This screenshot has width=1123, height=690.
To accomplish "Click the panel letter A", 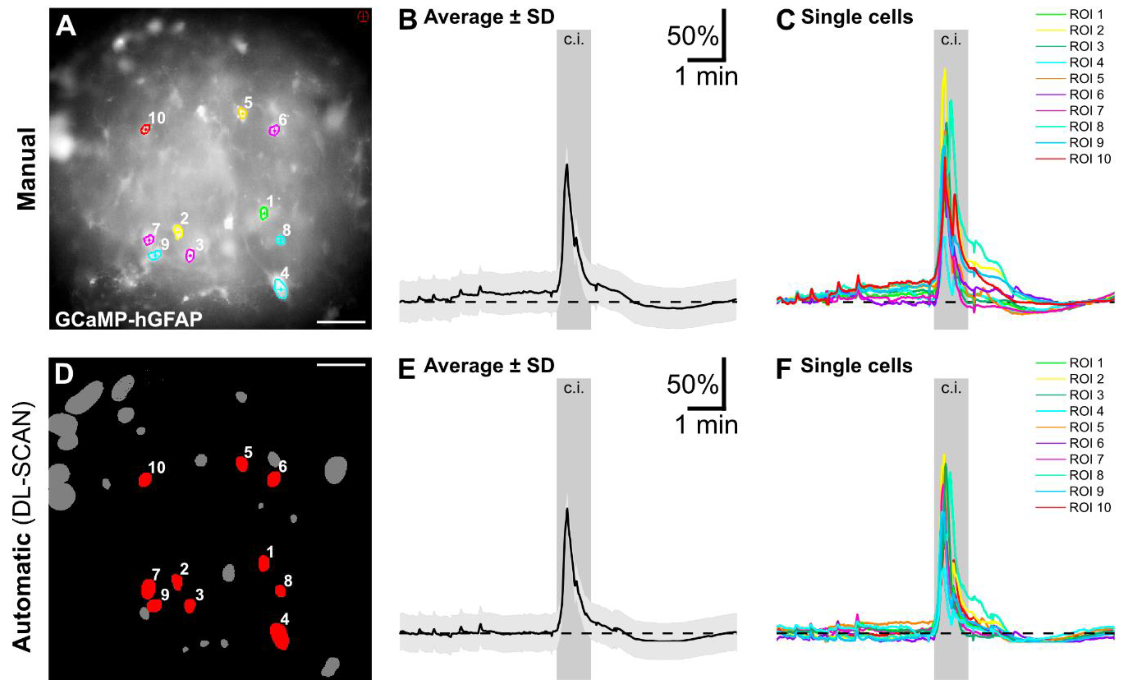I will (x=66, y=26).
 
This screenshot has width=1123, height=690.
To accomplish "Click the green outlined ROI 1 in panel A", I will (x=263, y=213).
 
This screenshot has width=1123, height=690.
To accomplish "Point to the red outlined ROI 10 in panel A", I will (x=145, y=130).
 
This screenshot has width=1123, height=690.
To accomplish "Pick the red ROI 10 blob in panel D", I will (x=145, y=480).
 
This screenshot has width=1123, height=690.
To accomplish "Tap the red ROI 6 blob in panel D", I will (x=273, y=479).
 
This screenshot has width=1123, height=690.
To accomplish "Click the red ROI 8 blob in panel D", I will (x=280, y=591).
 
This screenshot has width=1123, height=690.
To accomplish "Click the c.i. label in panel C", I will (x=951, y=40).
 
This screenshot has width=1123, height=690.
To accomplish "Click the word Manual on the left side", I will (x=27, y=169).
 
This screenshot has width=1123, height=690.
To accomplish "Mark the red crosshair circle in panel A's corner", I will (x=363, y=17).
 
